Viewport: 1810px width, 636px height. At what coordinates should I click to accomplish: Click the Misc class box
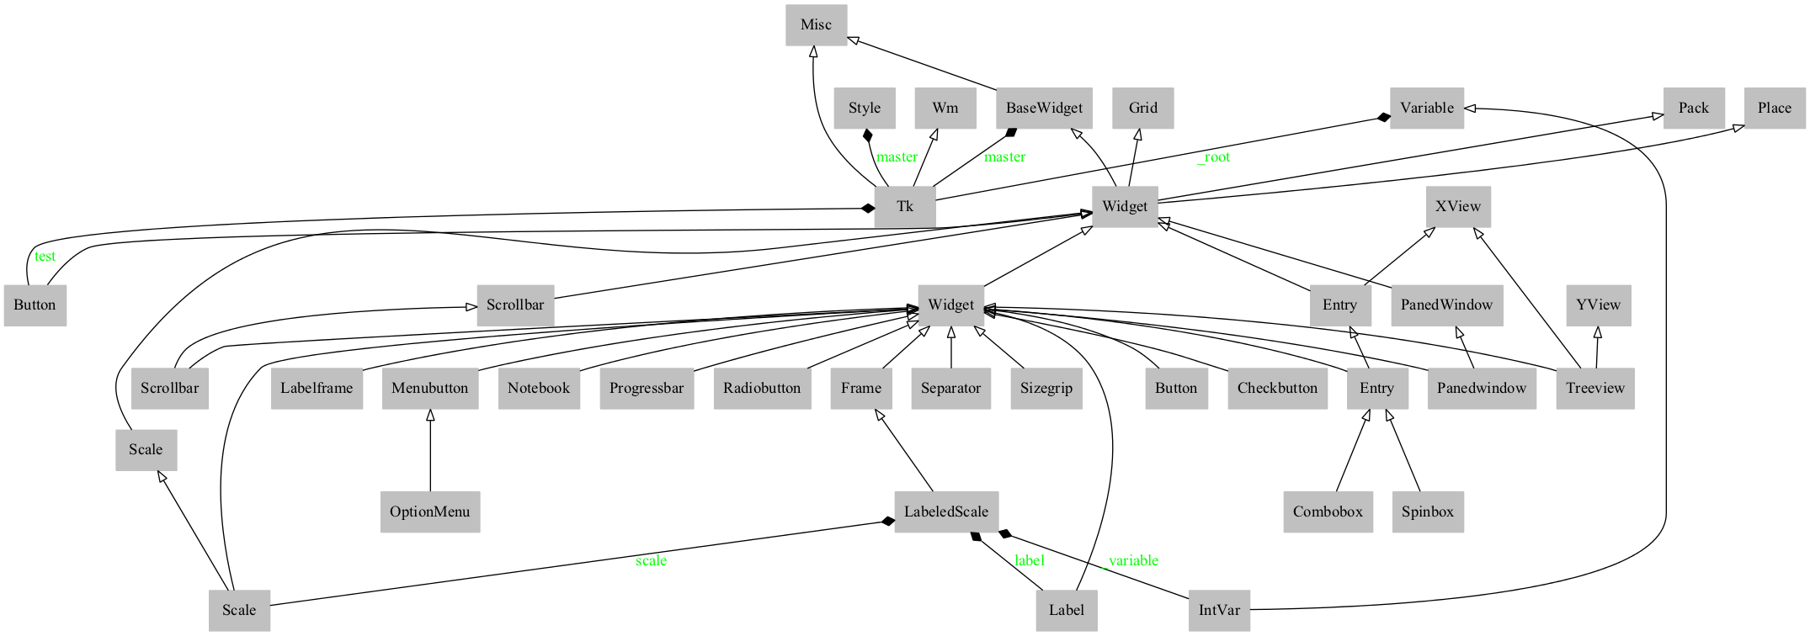click(816, 25)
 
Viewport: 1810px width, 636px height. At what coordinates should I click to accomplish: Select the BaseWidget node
click(1044, 109)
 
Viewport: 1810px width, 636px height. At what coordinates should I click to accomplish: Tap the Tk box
click(905, 207)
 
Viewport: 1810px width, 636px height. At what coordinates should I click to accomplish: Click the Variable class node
click(1426, 109)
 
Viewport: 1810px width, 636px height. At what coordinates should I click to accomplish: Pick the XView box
click(1458, 207)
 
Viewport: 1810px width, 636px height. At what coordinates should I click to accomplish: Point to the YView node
click(1598, 305)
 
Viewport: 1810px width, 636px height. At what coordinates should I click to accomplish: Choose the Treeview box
click(1594, 389)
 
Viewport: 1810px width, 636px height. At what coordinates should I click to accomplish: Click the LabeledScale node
click(946, 512)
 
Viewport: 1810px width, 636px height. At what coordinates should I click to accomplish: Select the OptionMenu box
click(429, 512)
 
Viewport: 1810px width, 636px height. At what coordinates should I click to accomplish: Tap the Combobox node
click(1328, 512)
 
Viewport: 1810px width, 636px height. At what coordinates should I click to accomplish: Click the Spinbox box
click(1427, 512)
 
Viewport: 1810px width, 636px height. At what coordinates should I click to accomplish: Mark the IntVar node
click(1219, 611)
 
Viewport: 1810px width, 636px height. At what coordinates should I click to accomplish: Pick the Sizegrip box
click(1046, 389)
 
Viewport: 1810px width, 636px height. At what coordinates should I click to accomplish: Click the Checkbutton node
click(1277, 389)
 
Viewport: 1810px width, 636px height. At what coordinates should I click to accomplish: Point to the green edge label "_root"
click(1214, 157)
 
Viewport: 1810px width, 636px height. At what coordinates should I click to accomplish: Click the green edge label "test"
click(45, 257)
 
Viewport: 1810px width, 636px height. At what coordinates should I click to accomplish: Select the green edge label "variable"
click(1133, 561)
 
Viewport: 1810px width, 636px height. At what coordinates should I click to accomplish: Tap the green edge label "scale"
click(651, 561)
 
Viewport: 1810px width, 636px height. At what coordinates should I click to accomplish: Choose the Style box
click(865, 109)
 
